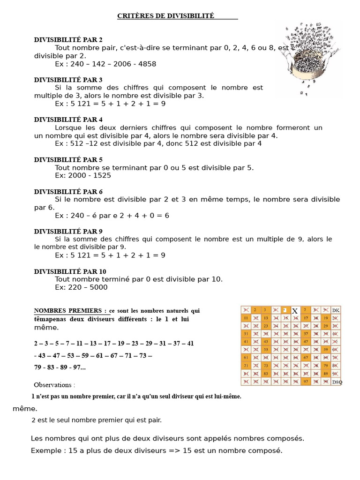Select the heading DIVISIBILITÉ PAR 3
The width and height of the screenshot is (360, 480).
click(x=68, y=80)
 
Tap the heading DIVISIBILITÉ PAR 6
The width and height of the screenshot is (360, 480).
click(x=68, y=191)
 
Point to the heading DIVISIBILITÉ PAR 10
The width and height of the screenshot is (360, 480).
click(x=70, y=271)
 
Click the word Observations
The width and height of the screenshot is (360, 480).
click(x=54, y=385)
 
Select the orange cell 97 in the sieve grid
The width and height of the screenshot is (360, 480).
click(x=306, y=382)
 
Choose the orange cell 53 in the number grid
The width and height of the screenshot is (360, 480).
click(x=265, y=349)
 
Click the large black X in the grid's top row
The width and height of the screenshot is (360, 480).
click(x=295, y=311)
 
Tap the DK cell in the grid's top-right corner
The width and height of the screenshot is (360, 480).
click(x=336, y=310)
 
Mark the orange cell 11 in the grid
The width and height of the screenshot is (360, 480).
click(x=245, y=318)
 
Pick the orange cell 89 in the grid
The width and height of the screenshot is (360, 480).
click(x=326, y=374)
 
